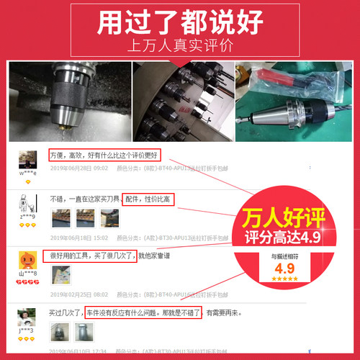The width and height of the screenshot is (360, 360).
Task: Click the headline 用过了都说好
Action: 180,22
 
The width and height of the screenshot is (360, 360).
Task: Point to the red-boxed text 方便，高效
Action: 104,156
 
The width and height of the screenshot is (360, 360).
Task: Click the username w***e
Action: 28,174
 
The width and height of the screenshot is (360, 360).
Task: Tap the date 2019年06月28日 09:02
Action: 79,168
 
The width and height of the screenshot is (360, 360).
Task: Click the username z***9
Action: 28,216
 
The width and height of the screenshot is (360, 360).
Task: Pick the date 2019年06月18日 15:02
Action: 79,238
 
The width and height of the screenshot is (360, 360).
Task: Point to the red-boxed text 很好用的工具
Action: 89,256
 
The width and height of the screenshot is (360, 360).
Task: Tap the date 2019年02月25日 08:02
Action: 79,294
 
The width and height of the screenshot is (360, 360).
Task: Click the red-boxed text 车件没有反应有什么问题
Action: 141,313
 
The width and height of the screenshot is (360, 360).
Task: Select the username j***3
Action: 27,330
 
